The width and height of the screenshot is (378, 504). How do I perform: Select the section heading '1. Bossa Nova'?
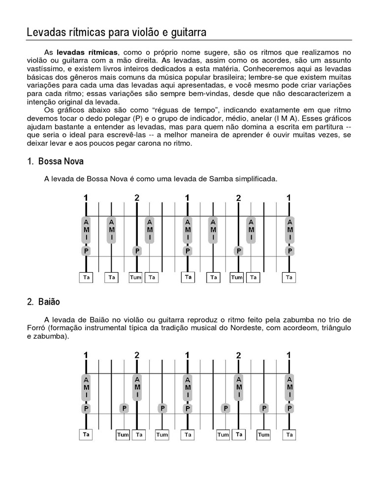(56, 161)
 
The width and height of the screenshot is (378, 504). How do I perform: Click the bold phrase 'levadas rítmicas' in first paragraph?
(87, 52)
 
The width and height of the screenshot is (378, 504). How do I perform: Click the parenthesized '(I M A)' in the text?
(273, 118)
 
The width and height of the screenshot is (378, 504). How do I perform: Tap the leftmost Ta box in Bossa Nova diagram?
(86, 278)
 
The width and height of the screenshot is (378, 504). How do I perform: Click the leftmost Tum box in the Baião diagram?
(123, 435)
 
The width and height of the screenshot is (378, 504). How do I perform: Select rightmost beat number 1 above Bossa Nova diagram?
(289, 198)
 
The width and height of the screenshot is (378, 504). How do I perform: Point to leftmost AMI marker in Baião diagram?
(86, 387)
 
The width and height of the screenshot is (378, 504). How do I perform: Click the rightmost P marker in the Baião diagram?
(290, 408)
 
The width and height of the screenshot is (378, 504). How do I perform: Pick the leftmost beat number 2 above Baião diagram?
(137, 355)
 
